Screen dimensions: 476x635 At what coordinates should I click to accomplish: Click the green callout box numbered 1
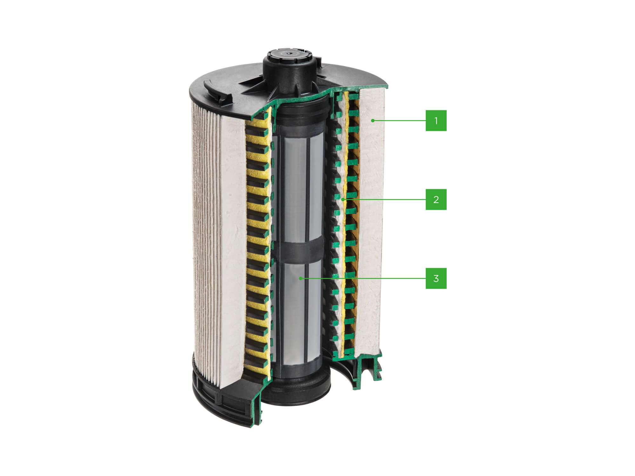(436, 121)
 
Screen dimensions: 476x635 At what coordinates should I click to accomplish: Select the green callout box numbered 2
(436, 199)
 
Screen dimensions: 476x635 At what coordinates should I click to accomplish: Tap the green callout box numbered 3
(436, 278)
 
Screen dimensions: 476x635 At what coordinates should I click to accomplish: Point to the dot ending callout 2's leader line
(343, 199)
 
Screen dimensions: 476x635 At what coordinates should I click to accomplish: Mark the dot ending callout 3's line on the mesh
(300, 278)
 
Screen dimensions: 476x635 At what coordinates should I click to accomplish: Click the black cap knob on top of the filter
(290, 63)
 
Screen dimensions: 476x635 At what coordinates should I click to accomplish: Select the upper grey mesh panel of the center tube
(295, 184)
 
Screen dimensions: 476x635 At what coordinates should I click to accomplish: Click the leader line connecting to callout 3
(365, 278)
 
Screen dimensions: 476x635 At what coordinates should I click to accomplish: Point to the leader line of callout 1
(400, 121)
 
